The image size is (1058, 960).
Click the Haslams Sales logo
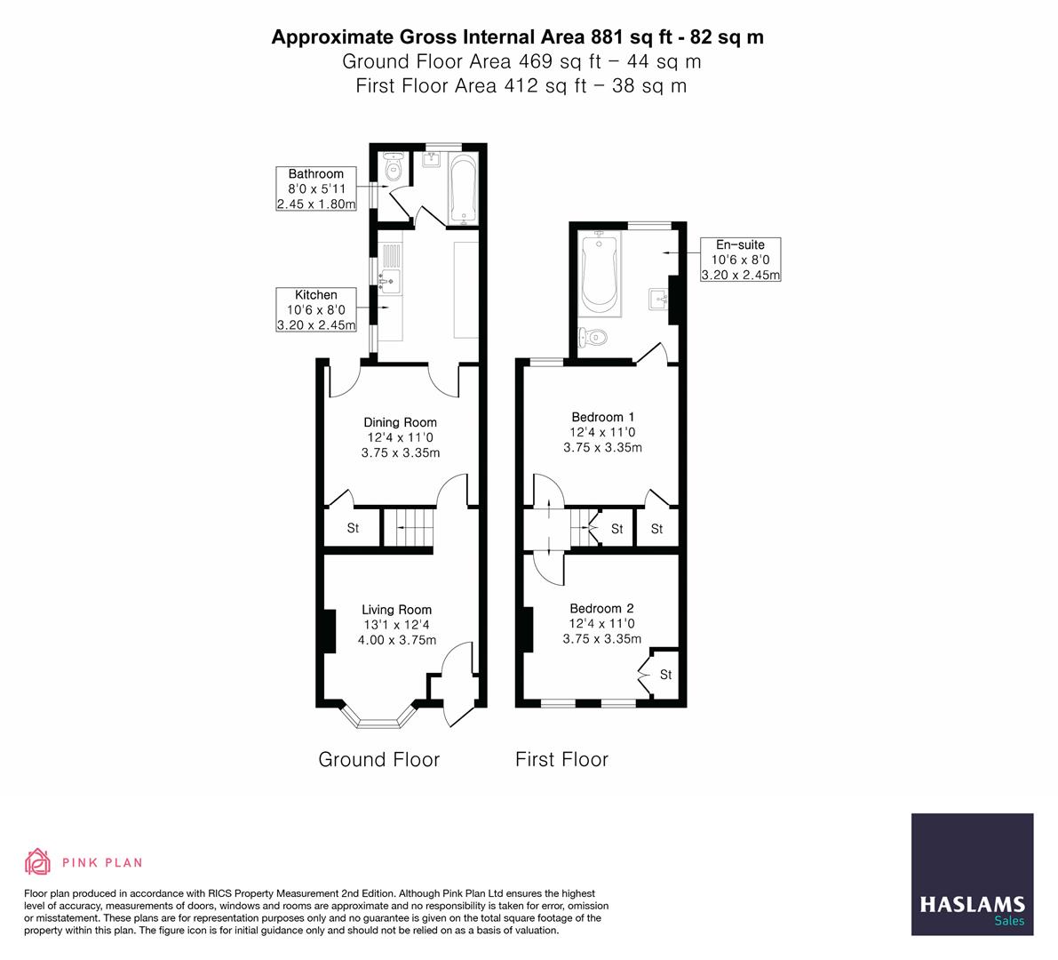(x=973, y=875)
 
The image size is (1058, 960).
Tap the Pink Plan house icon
(x=38, y=861)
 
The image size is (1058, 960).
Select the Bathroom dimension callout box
(x=315, y=189)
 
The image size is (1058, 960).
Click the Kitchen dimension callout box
(x=315, y=310)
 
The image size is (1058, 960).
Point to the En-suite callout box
(x=740, y=260)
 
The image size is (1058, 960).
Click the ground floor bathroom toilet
(x=392, y=167)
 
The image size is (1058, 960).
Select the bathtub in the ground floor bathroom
(x=463, y=188)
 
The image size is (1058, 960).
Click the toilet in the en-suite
(x=593, y=335)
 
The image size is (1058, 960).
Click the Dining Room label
(x=400, y=422)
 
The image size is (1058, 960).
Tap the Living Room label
(x=397, y=610)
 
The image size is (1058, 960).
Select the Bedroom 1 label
(x=602, y=417)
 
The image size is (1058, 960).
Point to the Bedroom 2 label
(x=602, y=608)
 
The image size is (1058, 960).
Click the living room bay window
(x=378, y=717)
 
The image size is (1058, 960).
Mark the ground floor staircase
(x=409, y=528)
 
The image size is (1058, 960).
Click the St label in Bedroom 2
(x=666, y=675)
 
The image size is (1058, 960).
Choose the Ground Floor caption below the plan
(x=379, y=759)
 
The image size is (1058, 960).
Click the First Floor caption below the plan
(x=562, y=759)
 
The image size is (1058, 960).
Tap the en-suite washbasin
(x=658, y=299)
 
